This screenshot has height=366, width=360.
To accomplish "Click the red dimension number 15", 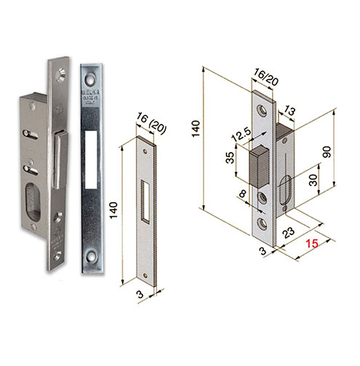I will point(313,245).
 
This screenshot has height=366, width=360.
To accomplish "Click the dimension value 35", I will point(231,159).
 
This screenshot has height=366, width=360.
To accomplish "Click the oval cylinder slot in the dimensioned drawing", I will point(285,193).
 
